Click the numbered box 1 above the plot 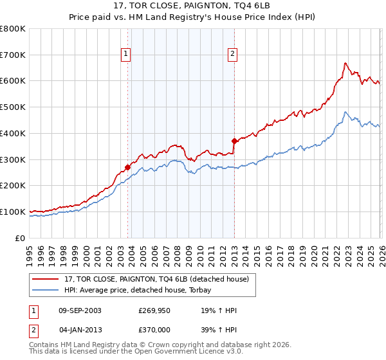(x=126, y=55)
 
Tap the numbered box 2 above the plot (x=232, y=55)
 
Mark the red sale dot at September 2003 (x=127, y=167)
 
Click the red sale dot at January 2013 (x=234, y=141)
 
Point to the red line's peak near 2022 (x=345, y=63)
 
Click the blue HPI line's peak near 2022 (x=345, y=113)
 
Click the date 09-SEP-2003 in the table (x=79, y=310)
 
